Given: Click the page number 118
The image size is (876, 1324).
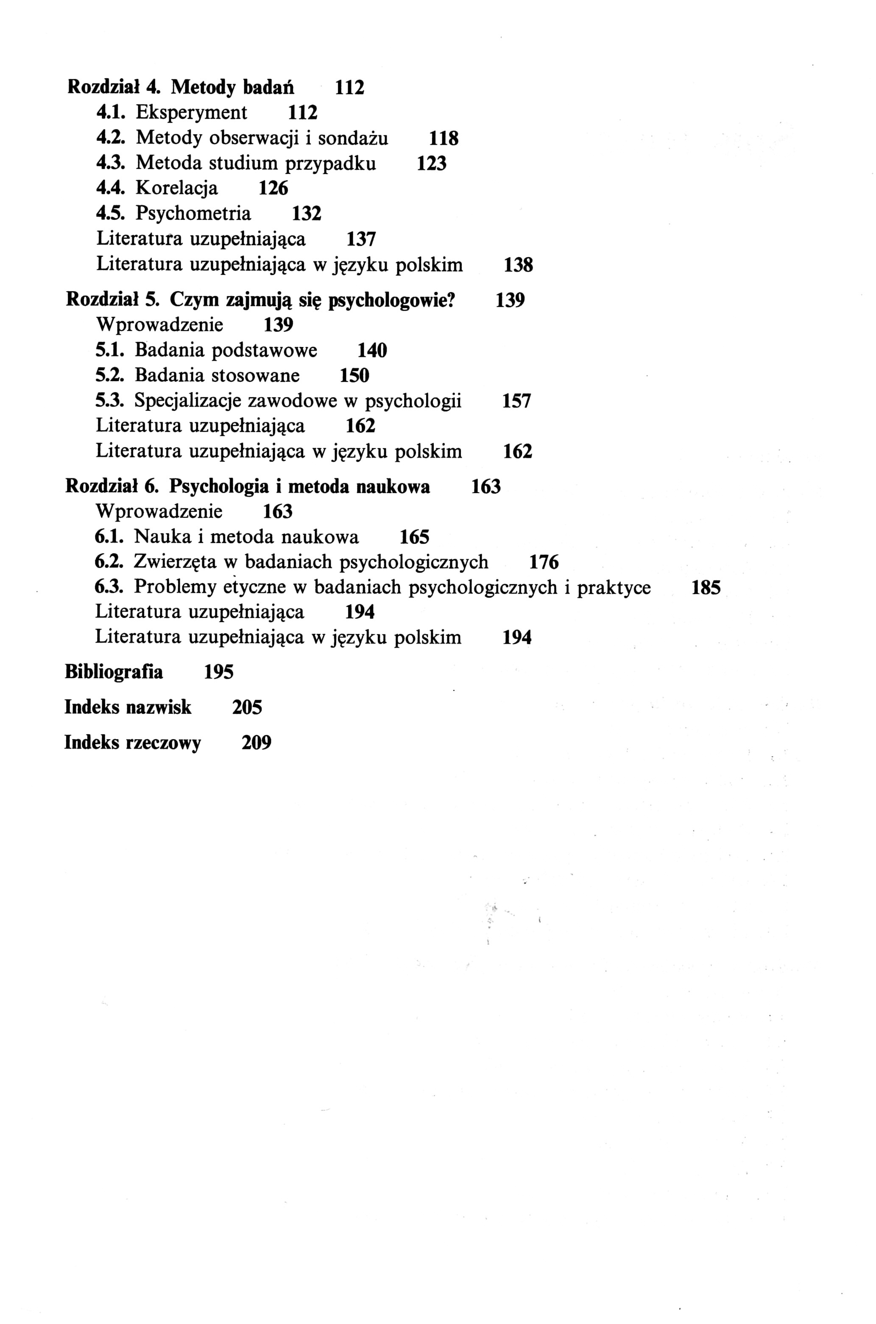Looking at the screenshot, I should tap(444, 138).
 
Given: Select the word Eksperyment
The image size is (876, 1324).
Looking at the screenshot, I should tap(191, 113).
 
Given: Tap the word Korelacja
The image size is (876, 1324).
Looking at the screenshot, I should tap(176, 188).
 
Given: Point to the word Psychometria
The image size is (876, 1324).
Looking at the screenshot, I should tap(193, 213).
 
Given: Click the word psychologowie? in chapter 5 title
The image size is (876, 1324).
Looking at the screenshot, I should tap(392, 301).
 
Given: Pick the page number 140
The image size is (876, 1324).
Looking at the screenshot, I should tap(372, 351).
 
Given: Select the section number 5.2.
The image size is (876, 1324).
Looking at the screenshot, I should tap(109, 375).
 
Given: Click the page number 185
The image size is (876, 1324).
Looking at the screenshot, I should tap(706, 588).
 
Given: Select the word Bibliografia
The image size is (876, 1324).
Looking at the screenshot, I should tap(114, 671).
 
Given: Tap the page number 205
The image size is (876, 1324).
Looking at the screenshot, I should tap(247, 708).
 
